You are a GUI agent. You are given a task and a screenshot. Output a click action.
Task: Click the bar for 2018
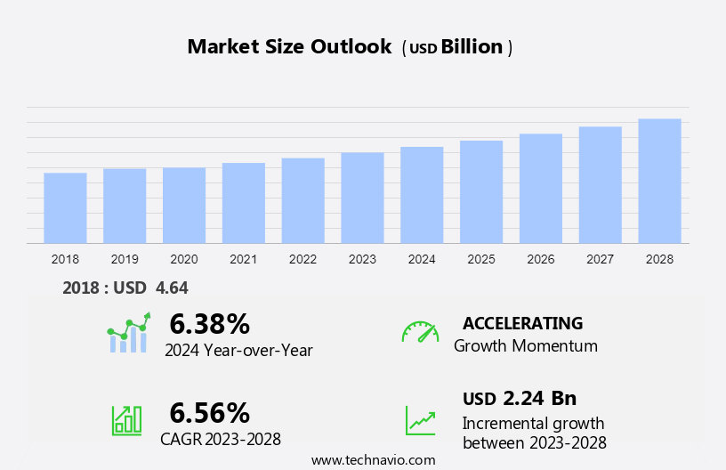click(x=65, y=207)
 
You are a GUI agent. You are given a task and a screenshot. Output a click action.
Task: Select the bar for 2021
click(x=244, y=203)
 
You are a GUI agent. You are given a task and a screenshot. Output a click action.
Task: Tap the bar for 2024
click(x=422, y=195)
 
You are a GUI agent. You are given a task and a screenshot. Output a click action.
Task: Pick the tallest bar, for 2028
click(x=659, y=181)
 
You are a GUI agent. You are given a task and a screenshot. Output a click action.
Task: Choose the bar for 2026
click(x=541, y=189)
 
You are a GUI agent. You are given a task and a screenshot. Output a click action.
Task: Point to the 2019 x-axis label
click(x=125, y=259)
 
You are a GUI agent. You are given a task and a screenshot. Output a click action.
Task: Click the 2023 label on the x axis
click(x=362, y=259)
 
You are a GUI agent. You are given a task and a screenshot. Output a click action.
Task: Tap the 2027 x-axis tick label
click(x=601, y=259)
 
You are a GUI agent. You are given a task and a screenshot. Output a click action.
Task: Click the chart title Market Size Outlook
click(x=289, y=47)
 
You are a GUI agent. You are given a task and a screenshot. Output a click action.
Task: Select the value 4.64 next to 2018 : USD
click(x=172, y=288)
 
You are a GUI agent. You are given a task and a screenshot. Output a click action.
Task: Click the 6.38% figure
click(x=209, y=323)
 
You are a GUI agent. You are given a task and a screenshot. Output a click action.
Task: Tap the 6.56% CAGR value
click(x=209, y=412)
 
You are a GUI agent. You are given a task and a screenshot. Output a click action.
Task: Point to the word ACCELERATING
click(x=522, y=323)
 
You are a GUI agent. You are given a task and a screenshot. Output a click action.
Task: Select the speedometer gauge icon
click(x=420, y=332)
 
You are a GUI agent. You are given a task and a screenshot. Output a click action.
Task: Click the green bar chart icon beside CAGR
click(x=126, y=419)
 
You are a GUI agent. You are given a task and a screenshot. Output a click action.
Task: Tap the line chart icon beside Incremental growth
click(x=420, y=420)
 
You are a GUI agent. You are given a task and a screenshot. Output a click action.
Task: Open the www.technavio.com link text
click(x=373, y=459)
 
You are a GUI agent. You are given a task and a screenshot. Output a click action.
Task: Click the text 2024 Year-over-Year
click(x=238, y=350)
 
